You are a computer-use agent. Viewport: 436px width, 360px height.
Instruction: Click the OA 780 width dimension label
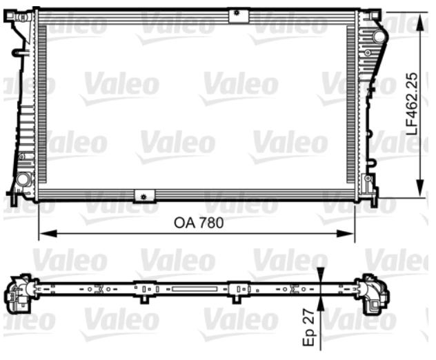tap(199, 223)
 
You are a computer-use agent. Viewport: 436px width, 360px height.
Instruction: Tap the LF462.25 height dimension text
tap(412, 104)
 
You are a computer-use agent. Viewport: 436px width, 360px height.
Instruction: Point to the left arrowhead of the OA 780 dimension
tap(48, 234)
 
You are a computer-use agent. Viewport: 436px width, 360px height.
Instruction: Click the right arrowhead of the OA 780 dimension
tap(346, 234)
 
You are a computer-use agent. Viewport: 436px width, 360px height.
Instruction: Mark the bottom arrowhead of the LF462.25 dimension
tap(421, 189)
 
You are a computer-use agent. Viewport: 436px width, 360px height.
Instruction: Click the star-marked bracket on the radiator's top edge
tap(238, 16)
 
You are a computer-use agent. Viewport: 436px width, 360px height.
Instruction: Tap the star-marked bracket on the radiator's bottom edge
tap(144, 196)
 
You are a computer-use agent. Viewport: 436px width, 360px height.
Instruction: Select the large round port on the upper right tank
tap(379, 37)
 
